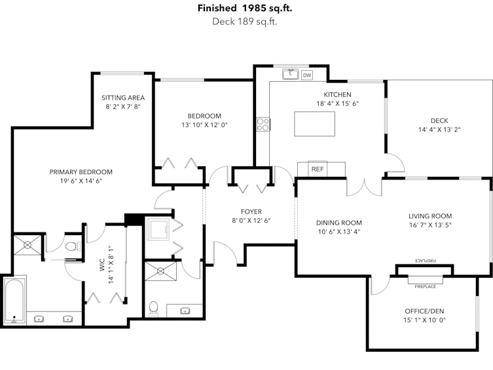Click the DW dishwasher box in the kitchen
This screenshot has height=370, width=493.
click(307, 75)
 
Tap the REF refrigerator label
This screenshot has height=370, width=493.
click(318, 169)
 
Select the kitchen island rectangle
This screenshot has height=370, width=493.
click(314, 124)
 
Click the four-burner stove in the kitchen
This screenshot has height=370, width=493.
click(263, 124)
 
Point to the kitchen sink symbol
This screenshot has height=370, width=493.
click(290, 75)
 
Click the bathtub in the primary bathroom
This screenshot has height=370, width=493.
click(14, 301)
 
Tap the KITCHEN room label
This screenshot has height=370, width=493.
click(337, 94)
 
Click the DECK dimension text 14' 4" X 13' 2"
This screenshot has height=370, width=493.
click(439, 130)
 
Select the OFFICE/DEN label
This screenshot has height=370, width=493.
click(424, 311)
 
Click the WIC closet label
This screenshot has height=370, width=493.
click(101, 265)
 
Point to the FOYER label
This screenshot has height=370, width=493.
click(251, 212)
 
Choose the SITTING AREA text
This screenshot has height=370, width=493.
click(123, 98)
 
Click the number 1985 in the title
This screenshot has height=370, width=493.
click(254, 8)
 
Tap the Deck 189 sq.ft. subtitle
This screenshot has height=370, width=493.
click(245, 22)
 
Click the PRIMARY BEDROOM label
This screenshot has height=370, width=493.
click(81, 172)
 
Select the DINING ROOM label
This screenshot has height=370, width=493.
click(339, 223)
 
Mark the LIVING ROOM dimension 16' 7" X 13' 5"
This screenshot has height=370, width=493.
click(430, 225)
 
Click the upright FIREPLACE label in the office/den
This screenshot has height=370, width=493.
click(425, 287)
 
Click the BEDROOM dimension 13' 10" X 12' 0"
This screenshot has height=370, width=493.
click(204, 125)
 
